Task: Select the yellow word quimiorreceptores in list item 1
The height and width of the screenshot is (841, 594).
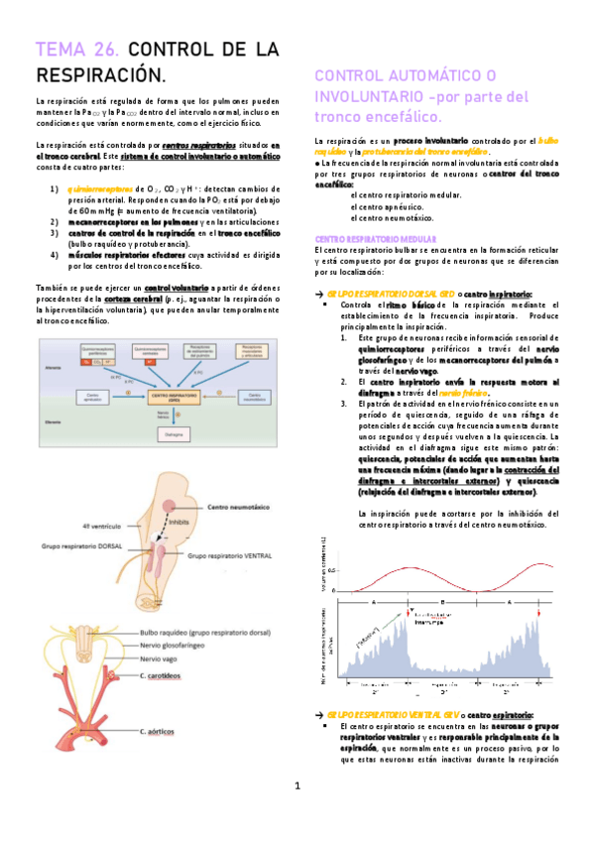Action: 99,186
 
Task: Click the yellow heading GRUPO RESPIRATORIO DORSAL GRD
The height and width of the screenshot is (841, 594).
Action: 385,294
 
